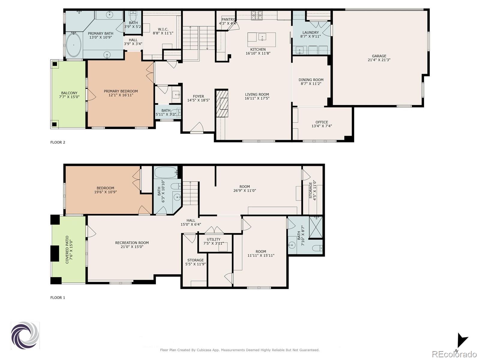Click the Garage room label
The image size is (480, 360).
379,56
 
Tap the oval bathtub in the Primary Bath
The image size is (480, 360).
73,45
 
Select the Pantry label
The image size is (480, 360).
228,19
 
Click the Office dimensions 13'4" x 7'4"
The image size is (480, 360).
322,126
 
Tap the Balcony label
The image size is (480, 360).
69,93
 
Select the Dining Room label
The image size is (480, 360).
311,80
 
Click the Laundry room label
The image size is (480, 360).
310,32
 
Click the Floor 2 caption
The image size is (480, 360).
58,142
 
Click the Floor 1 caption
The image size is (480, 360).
58,298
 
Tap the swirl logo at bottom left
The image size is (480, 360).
25,335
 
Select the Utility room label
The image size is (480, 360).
214,239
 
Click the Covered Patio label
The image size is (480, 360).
67,250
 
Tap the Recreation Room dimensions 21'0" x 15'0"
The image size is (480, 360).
132,247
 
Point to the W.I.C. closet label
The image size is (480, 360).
163,29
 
